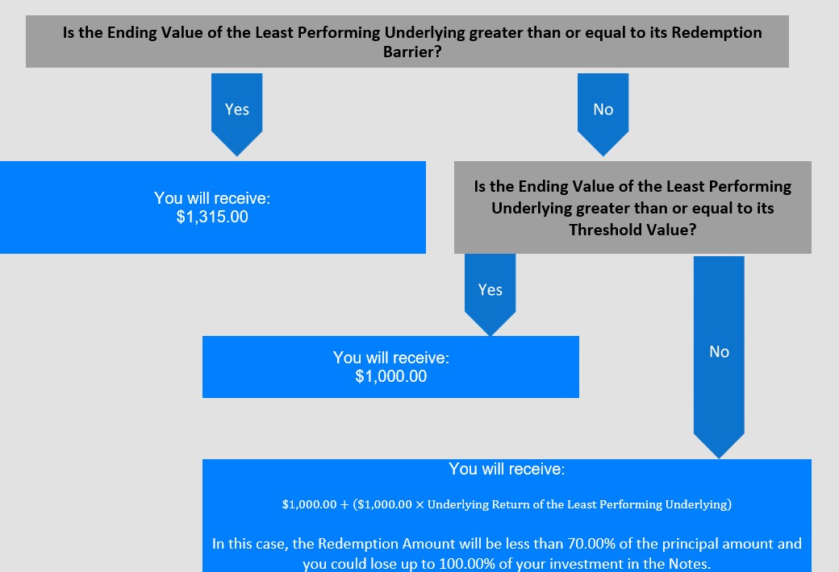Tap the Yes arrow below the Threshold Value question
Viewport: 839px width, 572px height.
pyautogui.click(x=490, y=294)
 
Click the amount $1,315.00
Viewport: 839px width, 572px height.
pyautogui.click(x=212, y=217)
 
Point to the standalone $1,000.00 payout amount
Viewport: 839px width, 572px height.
pyautogui.click(x=391, y=376)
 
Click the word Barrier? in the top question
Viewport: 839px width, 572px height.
pyautogui.click(x=412, y=52)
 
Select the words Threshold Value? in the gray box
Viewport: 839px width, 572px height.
pyautogui.click(x=632, y=230)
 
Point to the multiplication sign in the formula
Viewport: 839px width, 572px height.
pyautogui.click(x=419, y=504)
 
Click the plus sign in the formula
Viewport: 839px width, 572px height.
pyautogui.click(x=344, y=504)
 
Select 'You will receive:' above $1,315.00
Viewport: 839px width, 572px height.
pyautogui.click(x=212, y=198)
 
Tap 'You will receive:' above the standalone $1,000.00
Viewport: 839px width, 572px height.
pyautogui.click(x=391, y=358)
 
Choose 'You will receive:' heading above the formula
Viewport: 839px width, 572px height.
pyautogui.click(x=507, y=469)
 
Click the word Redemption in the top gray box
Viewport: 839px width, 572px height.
pyautogui.click(x=716, y=32)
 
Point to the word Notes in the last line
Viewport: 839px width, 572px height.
pyautogui.click(x=689, y=564)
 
